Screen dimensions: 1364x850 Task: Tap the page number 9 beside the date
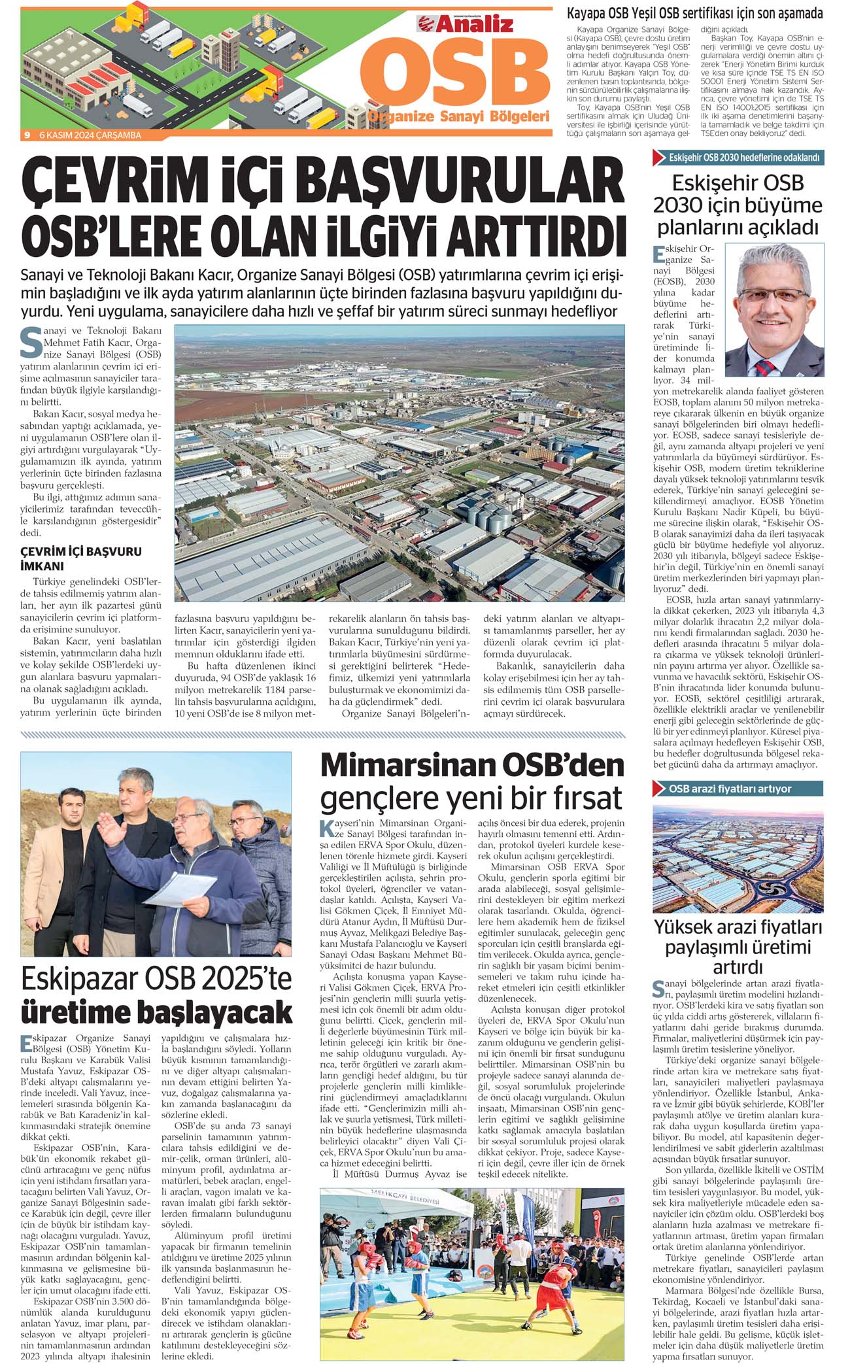point(27,135)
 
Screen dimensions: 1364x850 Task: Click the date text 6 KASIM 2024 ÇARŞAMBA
point(90,135)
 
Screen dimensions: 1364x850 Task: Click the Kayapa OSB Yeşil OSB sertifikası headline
point(694,13)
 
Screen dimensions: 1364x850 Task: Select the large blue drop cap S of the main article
point(31,343)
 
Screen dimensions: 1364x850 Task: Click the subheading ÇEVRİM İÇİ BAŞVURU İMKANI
point(81,558)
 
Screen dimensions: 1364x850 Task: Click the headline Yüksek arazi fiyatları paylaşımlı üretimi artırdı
point(738,947)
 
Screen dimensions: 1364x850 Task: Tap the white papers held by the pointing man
point(181,888)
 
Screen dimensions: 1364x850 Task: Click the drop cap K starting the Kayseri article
point(327,828)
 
